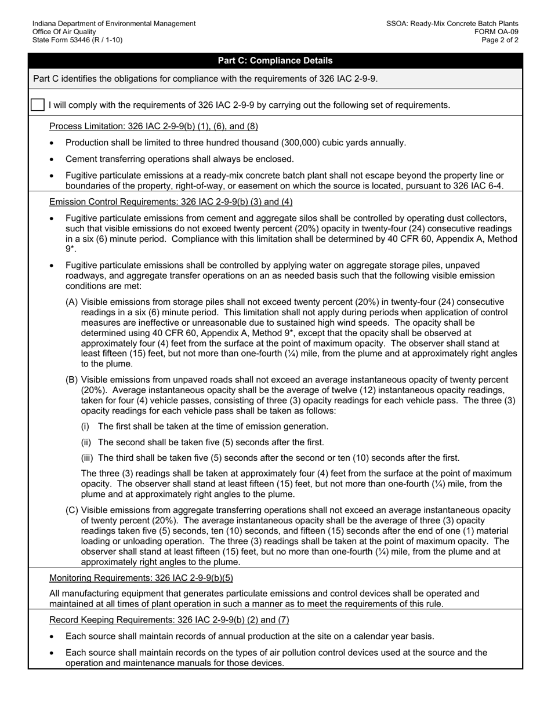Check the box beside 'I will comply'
[37, 105]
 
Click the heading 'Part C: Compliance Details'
[275, 61]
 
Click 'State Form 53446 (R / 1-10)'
[77, 40]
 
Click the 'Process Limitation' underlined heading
[154, 126]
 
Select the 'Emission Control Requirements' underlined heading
[171, 202]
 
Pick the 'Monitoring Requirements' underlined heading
[141, 578]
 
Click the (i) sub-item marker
[85, 427]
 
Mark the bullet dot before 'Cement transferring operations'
[53, 159]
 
